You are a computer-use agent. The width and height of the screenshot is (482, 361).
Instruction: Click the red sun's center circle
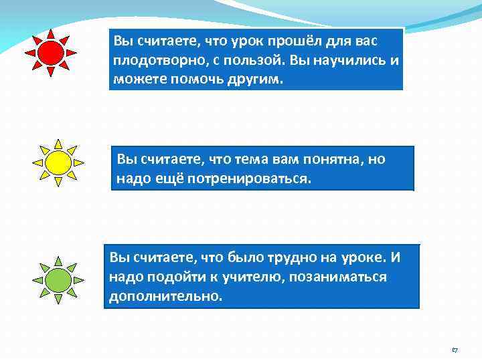tap(50, 52)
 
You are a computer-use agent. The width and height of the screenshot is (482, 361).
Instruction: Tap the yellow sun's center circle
tap(58, 162)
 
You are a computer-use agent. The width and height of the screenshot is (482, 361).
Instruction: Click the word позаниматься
tap(339, 276)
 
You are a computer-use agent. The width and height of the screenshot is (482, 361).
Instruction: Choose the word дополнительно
tap(164, 295)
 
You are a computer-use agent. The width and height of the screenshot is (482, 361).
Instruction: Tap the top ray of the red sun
tap(50, 33)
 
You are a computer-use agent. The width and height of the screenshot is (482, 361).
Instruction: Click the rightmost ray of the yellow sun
tap(79, 162)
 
